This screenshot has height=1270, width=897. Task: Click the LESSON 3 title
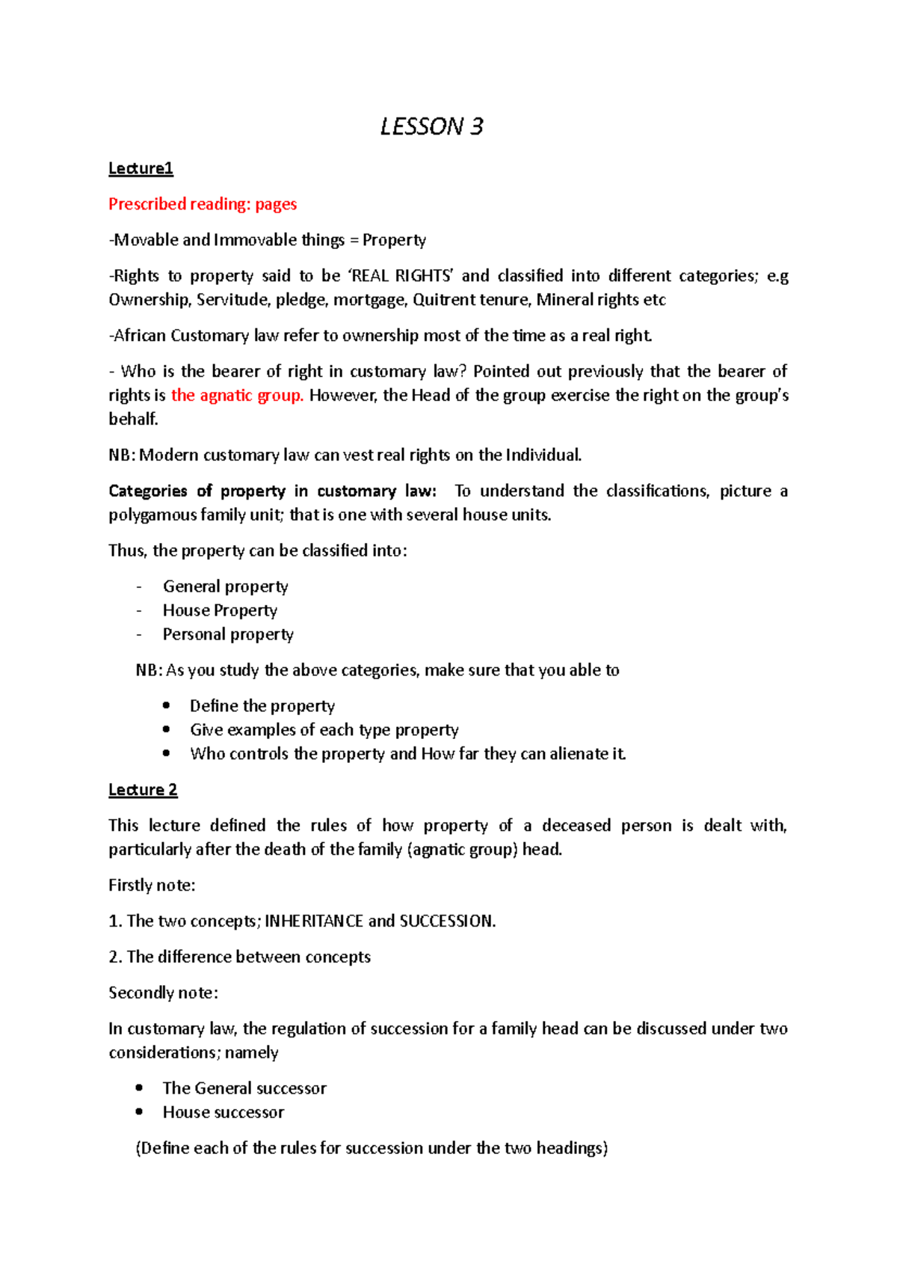[431, 126]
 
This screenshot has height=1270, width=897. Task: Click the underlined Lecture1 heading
[141, 168]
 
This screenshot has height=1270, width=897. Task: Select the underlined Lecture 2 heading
[143, 790]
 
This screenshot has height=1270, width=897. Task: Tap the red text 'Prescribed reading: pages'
[203, 204]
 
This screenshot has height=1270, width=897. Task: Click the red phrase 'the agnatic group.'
[237, 396]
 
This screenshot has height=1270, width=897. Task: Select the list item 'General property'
[225, 586]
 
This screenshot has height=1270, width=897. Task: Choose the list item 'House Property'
[220, 610]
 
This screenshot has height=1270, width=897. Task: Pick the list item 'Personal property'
[228, 634]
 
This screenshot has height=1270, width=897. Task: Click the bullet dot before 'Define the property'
[166, 705]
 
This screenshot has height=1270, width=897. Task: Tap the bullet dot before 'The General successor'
[139, 1088]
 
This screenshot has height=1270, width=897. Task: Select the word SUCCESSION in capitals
[446, 921]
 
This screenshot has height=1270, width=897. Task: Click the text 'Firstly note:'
[152, 886]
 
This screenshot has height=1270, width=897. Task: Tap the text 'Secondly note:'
[163, 993]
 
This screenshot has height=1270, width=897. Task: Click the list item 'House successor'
[223, 1112]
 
